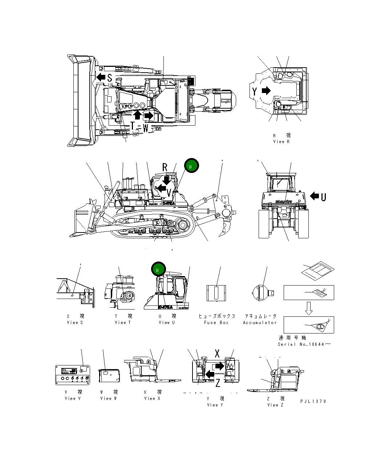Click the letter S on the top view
coord(109,77)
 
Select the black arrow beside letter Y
coord(266,90)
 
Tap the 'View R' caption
coord(281,141)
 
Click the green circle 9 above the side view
coord(191,166)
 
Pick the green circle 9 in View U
coord(158,270)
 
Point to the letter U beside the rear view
coord(323,197)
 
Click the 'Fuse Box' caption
coord(216,322)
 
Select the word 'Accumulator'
coord(260,322)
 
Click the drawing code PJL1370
coord(313,401)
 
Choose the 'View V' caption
coord(73,398)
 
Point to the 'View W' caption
coord(108,398)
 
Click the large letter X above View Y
coord(217,353)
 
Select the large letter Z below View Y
coord(218,383)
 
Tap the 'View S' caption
coord(75,322)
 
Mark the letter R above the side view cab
coord(165,167)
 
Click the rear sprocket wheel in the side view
coord(182,225)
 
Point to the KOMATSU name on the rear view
coord(284,201)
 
